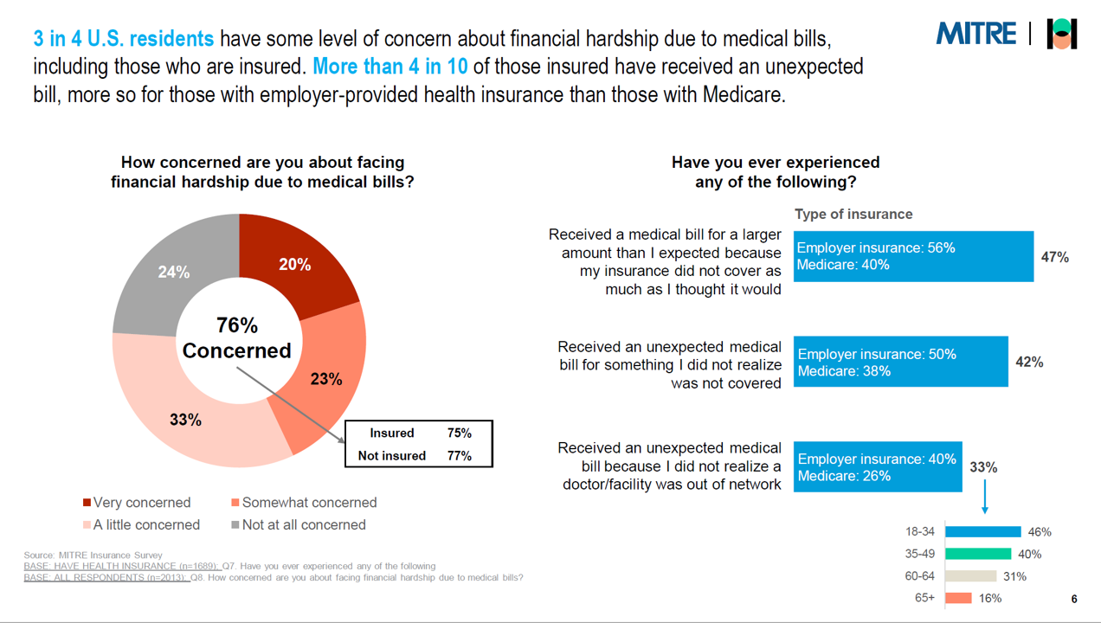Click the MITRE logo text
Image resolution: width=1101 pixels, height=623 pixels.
point(975,34)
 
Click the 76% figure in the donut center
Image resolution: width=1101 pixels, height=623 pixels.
point(237,325)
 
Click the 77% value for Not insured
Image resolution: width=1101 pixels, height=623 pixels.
point(460,455)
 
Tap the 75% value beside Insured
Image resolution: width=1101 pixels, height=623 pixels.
point(460,433)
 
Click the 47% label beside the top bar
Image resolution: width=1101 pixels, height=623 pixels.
point(1055,257)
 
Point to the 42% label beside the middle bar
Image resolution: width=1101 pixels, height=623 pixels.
point(1029,363)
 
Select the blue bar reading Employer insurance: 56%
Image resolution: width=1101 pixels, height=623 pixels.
point(913,256)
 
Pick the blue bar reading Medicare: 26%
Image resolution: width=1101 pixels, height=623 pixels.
point(877,467)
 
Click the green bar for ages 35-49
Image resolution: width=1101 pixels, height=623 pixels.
point(978,554)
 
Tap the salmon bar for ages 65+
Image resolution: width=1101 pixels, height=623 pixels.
point(958,598)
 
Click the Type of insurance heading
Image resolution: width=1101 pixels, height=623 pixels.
point(853,214)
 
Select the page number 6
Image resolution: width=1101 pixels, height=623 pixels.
point(1074,600)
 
